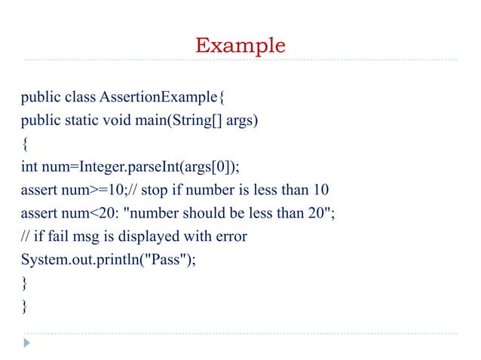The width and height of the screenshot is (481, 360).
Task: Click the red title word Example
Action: coord(240,45)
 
